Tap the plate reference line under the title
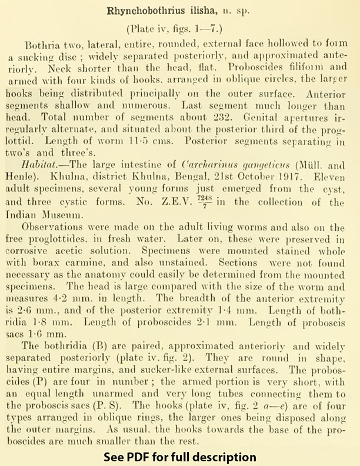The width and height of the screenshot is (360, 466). (180, 29)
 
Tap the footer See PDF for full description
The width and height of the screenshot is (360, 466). (180, 456)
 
